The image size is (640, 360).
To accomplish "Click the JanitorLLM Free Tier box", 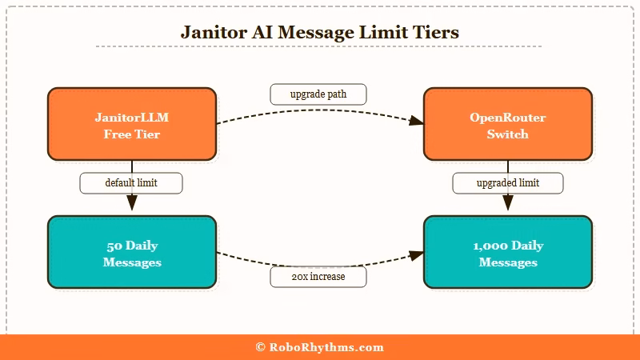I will point(132,125).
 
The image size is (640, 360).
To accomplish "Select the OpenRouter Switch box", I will point(507,125).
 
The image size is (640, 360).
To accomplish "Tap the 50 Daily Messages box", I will point(132,253).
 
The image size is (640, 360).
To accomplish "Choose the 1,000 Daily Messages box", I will point(507,253).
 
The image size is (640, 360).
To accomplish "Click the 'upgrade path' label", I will point(318,94).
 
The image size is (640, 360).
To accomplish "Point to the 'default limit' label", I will point(131,183).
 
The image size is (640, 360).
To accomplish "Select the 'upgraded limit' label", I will point(507,183).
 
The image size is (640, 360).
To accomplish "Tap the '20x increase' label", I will point(318,277).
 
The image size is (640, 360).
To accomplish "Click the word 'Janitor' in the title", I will point(210,33).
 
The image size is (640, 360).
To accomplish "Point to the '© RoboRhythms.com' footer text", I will point(320,347).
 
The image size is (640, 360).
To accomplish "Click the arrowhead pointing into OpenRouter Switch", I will point(416,122).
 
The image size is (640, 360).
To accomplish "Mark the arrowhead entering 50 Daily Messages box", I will point(132,204).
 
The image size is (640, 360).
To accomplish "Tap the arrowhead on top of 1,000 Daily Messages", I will point(507,204).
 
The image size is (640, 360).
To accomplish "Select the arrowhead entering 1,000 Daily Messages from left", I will point(416,255).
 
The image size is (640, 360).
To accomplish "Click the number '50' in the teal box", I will point(114,246).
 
